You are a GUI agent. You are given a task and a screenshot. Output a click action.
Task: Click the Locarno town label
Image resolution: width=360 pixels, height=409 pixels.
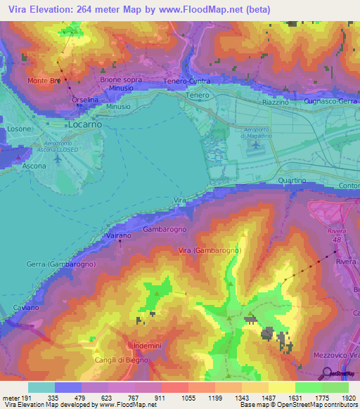click(x=86, y=124)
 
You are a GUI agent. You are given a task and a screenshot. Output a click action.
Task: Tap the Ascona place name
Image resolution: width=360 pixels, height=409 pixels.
click(x=34, y=167)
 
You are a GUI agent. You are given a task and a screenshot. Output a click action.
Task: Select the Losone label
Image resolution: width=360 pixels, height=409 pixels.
click(x=19, y=130)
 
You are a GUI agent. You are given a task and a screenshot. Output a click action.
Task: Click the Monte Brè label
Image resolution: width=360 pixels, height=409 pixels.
click(x=44, y=81)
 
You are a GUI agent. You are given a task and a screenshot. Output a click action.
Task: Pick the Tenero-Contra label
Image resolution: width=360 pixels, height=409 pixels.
click(x=188, y=82)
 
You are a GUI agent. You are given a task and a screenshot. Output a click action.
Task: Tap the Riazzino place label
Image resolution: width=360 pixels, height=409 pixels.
click(x=276, y=103)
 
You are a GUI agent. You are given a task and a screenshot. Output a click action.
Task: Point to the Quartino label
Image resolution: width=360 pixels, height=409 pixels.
click(x=292, y=181)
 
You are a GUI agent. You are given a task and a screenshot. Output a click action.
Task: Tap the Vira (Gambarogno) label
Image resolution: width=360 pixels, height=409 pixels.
click(x=210, y=251)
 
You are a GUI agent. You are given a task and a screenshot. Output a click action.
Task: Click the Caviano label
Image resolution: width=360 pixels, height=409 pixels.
click(x=27, y=308)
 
